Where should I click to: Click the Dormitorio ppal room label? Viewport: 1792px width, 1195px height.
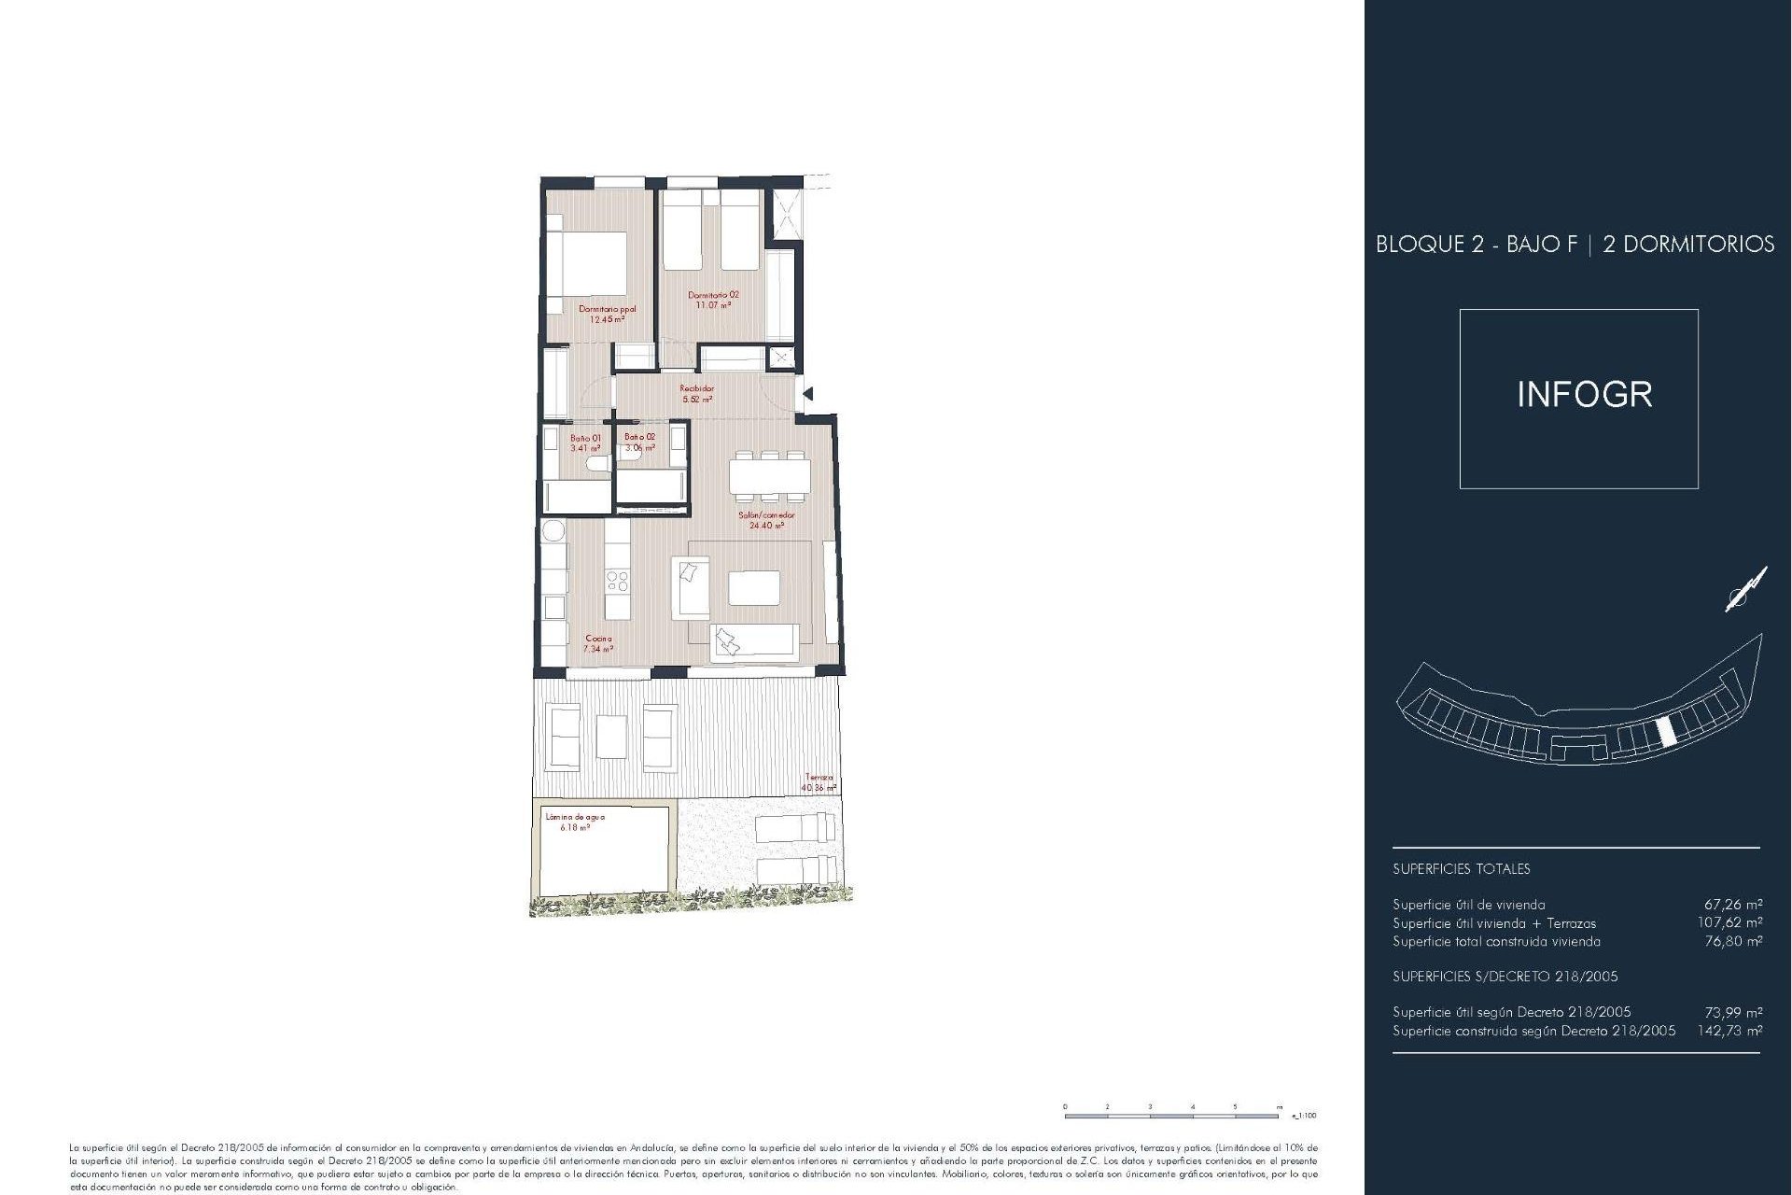click(x=607, y=314)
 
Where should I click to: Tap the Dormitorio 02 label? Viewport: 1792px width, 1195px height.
click(x=713, y=300)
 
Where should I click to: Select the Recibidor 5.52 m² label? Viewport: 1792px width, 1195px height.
click(x=696, y=394)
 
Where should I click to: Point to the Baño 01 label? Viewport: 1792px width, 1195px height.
click(x=585, y=443)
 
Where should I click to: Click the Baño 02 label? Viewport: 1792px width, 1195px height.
click(x=639, y=442)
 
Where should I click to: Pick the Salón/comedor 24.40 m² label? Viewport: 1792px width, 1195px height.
click(x=766, y=520)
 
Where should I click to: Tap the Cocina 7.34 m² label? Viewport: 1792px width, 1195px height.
click(x=598, y=643)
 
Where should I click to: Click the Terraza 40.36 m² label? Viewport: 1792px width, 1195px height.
click(x=819, y=782)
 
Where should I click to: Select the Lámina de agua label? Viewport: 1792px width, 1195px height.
click(x=575, y=822)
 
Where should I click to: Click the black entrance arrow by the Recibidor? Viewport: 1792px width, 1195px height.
click(x=807, y=394)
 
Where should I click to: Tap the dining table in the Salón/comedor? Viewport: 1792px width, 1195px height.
click(x=769, y=477)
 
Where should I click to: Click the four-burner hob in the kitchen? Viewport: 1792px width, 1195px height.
click(x=617, y=582)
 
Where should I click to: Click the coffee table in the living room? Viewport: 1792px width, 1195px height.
click(x=754, y=588)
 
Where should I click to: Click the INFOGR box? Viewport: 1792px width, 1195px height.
click(x=1578, y=399)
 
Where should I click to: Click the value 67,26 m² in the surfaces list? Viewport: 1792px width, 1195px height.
click(x=1733, y=904)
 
